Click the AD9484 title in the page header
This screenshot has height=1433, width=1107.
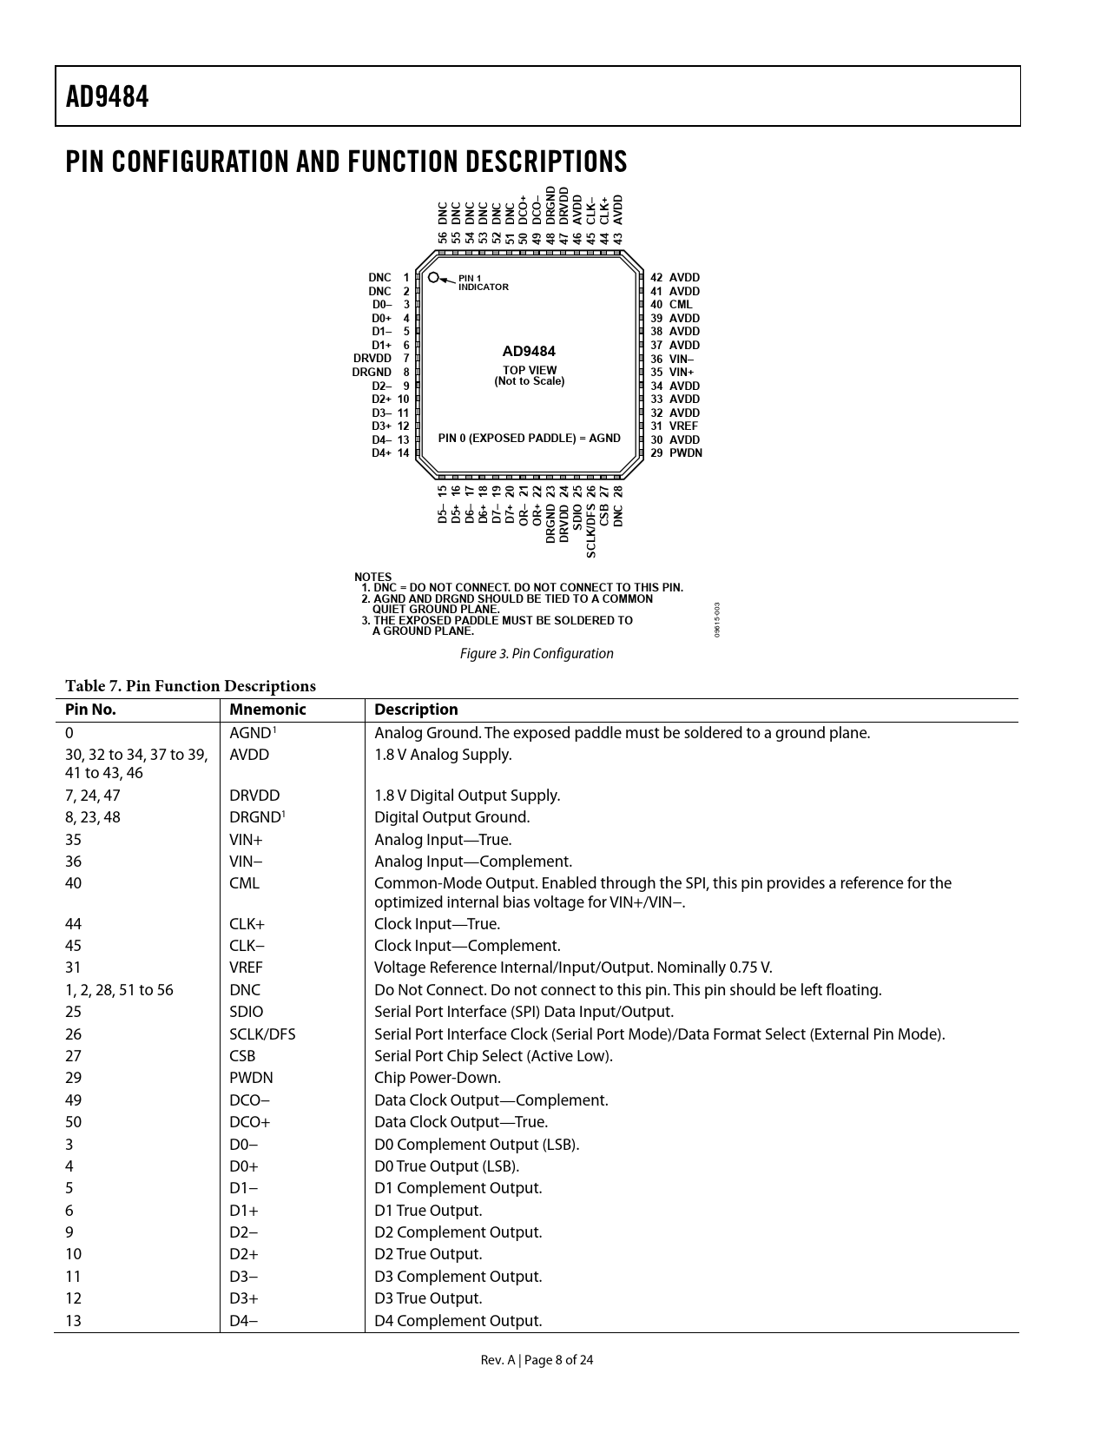108,96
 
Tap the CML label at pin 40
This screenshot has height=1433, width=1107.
681,305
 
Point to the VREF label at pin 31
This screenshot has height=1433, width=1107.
683,426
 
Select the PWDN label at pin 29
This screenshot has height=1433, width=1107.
685,453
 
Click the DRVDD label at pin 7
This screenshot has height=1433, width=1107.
372,359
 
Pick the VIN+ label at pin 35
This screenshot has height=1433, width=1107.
682,373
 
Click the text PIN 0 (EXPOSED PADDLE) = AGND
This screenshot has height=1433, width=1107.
529,439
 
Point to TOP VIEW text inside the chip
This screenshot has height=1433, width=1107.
530,370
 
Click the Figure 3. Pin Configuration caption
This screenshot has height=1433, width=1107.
536,654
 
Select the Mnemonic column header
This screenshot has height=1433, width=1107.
267,710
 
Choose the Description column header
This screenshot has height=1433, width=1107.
416,710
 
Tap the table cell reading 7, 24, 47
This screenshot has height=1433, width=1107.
93,796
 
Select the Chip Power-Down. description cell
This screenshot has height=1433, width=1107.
437,1079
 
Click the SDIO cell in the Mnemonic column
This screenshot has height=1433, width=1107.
246,1013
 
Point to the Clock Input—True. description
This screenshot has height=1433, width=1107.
437,924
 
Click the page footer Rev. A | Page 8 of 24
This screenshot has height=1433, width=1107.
537,1360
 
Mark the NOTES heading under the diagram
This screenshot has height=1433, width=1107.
372,578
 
